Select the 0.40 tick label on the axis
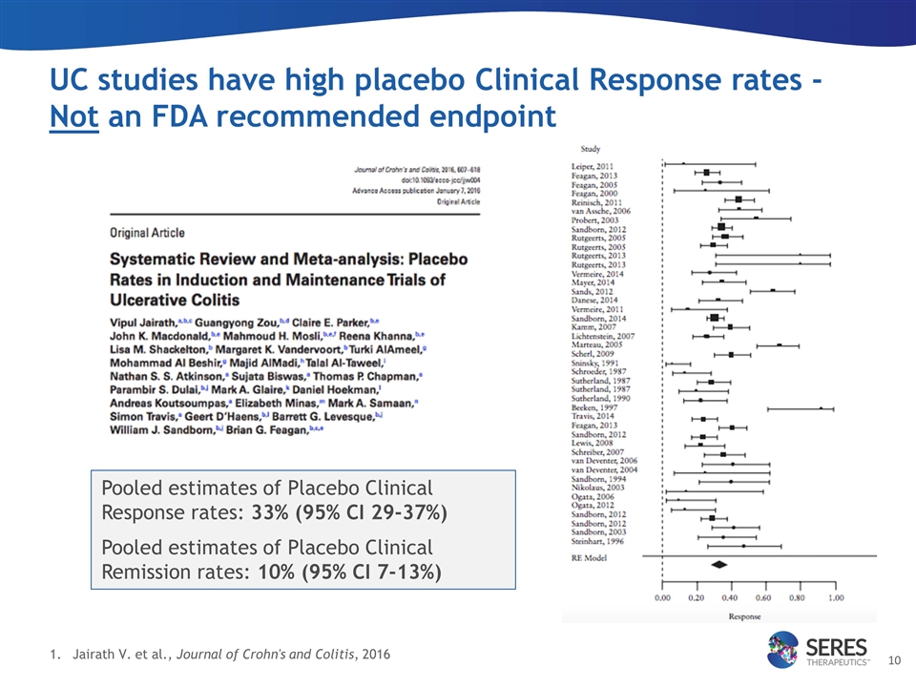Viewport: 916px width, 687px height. point(730,598)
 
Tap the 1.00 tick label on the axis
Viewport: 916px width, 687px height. point(835,598)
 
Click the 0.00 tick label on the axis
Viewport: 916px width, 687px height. point(661,598)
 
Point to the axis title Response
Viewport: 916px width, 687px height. point(745,615)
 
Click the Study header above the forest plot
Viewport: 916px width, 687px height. point(591,148)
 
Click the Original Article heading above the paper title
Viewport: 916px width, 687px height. point(149,232)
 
